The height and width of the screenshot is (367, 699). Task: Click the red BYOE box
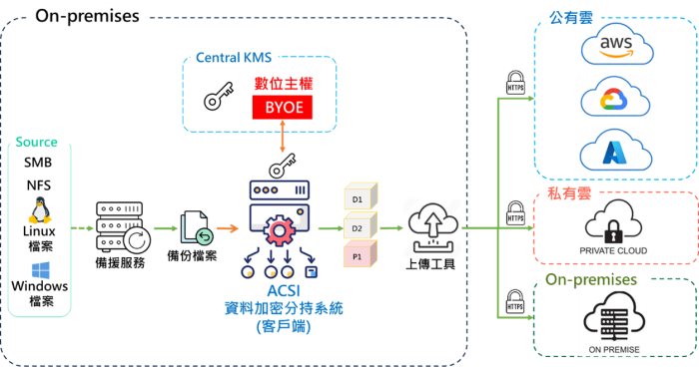pos(284,107)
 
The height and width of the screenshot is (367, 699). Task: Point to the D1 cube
pos(358,198)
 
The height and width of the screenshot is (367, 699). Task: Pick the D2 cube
pos(358,227)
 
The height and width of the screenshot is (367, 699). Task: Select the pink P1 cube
pos(358,256)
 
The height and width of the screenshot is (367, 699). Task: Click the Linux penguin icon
pos(41,211)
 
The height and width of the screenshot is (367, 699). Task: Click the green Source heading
pos(37,143)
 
